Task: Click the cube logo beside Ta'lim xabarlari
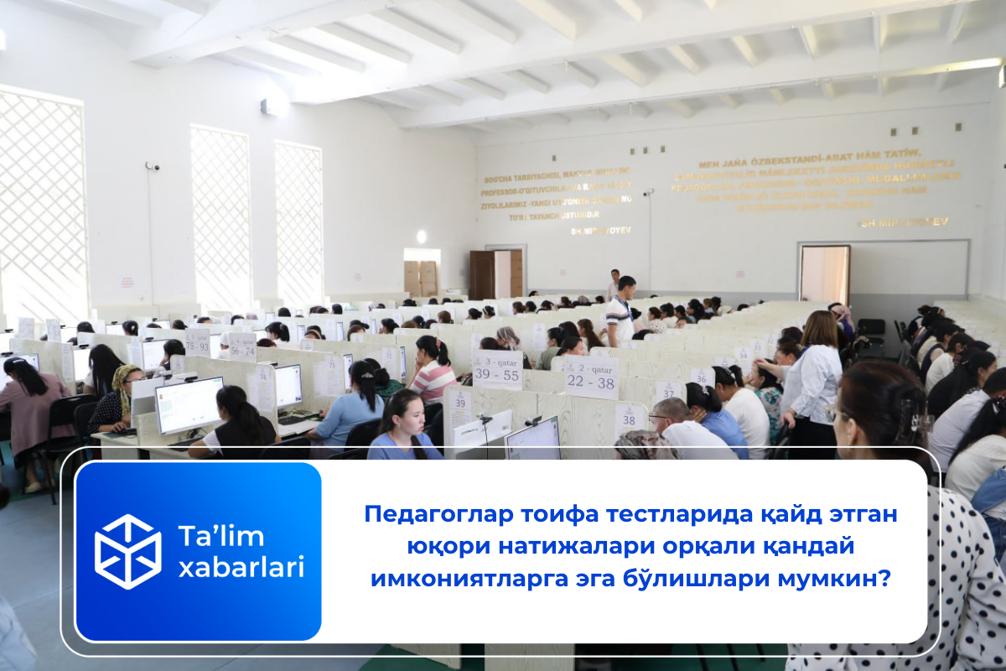[x=127, y=551]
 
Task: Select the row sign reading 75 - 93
[x=197, y=341]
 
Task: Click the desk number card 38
[x=630, y=417]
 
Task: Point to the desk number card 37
[x=668, y=391]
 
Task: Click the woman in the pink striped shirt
[x=433, y=371]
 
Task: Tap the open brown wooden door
[x=482, y=274]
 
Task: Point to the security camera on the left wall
[x=151, y=167]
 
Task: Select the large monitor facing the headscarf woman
[x=189, y=405]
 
